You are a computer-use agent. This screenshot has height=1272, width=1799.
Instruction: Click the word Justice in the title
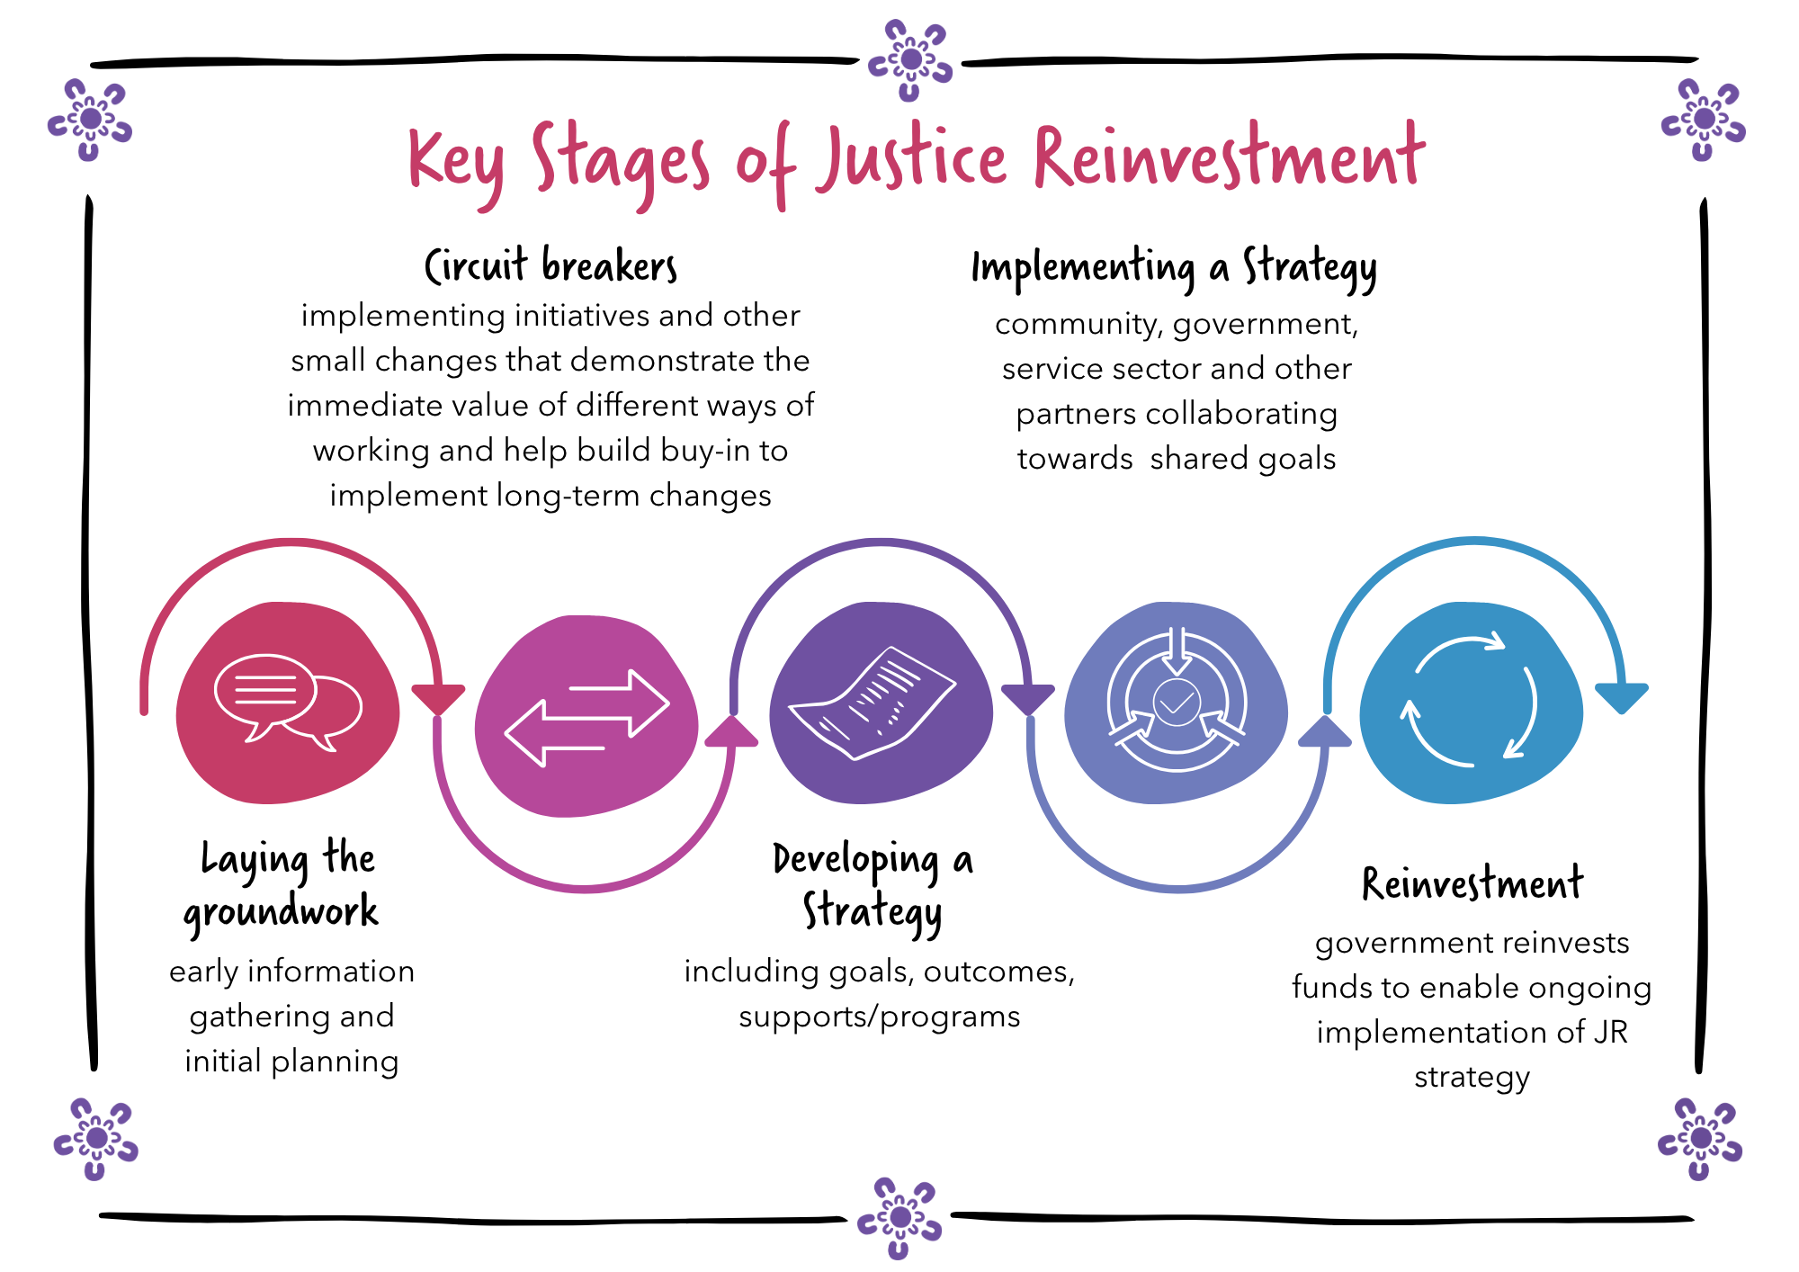(910, 160)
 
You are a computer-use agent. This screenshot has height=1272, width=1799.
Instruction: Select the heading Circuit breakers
(550, 266)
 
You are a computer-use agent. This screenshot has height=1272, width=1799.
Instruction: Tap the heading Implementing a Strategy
(1174, 268)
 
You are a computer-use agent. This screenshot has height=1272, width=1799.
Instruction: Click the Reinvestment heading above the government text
(1472, 883)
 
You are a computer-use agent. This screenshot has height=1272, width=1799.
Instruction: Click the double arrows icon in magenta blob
(586, 718)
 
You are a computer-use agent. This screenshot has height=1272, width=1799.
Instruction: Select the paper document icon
(873, 703)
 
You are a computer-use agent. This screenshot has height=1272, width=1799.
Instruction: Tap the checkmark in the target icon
(1177, 701)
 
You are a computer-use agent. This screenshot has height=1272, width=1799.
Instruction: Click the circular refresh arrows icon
(1472, 702)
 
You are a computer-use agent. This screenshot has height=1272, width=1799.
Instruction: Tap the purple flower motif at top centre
(910, 60)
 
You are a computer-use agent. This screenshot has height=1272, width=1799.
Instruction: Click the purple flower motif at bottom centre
(899, 1217)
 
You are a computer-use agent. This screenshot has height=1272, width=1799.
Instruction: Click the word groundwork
(281, 912)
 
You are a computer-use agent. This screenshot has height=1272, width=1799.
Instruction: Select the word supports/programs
(879, 1017)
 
